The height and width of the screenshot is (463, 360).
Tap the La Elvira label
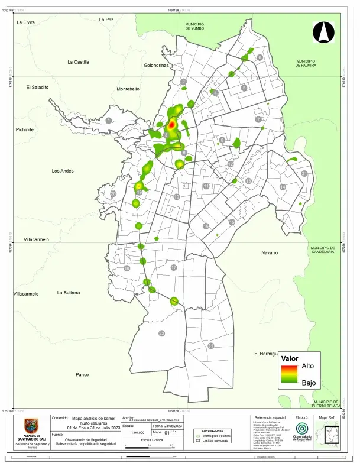(26, 22)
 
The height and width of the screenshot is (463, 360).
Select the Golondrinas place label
(156, 66)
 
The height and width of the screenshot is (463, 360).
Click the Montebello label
(128, 89)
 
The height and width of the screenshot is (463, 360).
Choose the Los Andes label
(63, 171)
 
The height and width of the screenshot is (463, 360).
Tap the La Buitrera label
(69, 293)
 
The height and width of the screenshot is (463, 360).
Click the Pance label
(82, 375)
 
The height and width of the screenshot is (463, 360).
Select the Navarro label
(270, 253)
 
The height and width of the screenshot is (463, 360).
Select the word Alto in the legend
(308, 367)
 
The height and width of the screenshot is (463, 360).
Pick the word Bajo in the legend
(308, 383)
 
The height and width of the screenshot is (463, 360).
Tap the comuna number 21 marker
(304, 174)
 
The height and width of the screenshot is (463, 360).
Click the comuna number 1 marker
(109, 120)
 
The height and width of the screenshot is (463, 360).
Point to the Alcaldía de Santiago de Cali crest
(31, 426)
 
